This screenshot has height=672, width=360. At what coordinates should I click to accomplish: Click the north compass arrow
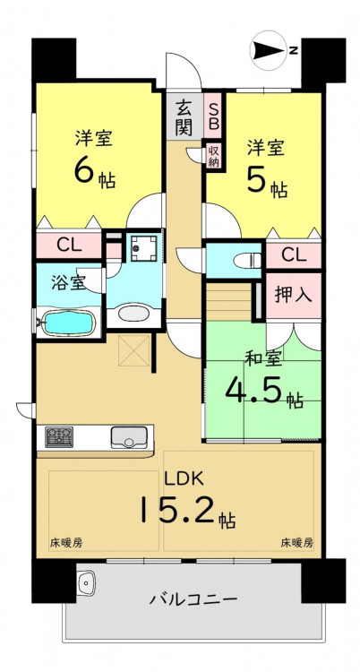(270, 50)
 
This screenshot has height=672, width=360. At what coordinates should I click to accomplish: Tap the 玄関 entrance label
(184, 116)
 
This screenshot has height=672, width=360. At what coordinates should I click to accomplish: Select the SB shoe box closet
(213, 116)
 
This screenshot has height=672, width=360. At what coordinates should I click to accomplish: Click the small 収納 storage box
(213, 156)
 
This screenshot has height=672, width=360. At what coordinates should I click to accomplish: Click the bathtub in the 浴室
(68, 323)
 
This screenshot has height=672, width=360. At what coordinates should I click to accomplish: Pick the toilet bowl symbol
(249, 260)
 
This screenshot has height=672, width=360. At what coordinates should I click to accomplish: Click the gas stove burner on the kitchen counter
(59, 437)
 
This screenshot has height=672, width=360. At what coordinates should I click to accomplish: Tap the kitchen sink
(129, 437)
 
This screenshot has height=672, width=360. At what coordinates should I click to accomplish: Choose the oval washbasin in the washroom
(134, 313)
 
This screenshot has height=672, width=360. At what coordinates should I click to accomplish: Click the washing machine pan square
(143, 248)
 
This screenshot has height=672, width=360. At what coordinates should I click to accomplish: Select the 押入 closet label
(294, 296)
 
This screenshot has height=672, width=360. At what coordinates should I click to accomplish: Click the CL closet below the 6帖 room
(69, 246)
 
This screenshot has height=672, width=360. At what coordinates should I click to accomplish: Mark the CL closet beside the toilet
(294, 255)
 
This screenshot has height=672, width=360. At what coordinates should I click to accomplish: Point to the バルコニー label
(193, 599)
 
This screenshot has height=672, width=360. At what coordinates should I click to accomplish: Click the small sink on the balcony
(88, 582)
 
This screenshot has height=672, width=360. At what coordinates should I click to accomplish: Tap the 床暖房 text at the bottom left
(66, 543)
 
